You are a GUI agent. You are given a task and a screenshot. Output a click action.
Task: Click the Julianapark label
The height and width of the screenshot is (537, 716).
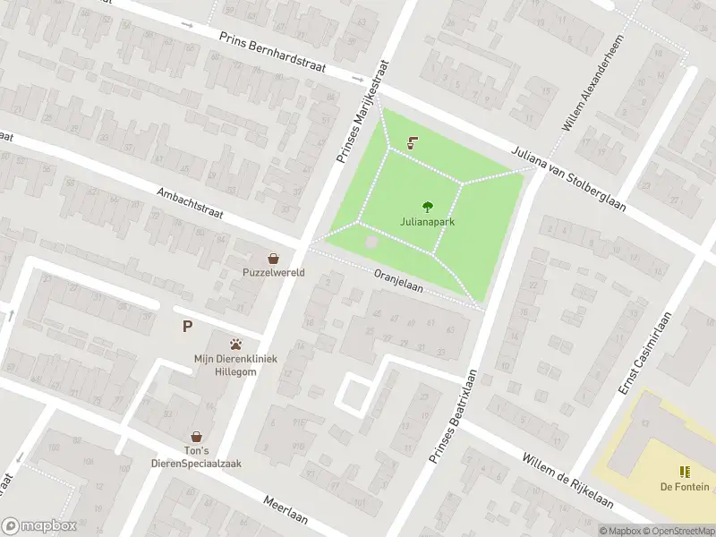(426, 221)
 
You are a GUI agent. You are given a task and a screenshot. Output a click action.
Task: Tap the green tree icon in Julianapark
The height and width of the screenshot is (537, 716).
(426, 205)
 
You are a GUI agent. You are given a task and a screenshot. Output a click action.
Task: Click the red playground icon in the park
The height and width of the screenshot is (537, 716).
(413, 141)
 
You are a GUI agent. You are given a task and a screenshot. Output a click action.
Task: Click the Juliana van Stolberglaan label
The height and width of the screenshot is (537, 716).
(568, 180)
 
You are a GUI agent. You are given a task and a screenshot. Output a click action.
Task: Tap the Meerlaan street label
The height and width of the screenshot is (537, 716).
(287, 513)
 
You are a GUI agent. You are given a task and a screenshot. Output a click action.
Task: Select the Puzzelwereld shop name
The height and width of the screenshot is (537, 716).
(273, 272)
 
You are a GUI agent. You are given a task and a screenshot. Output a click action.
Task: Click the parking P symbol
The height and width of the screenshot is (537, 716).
(187, 327)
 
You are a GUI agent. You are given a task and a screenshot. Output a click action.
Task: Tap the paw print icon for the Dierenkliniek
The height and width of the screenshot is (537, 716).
(236, 344)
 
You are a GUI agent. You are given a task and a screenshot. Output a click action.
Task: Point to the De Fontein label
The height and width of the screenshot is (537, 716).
(685, 487)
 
